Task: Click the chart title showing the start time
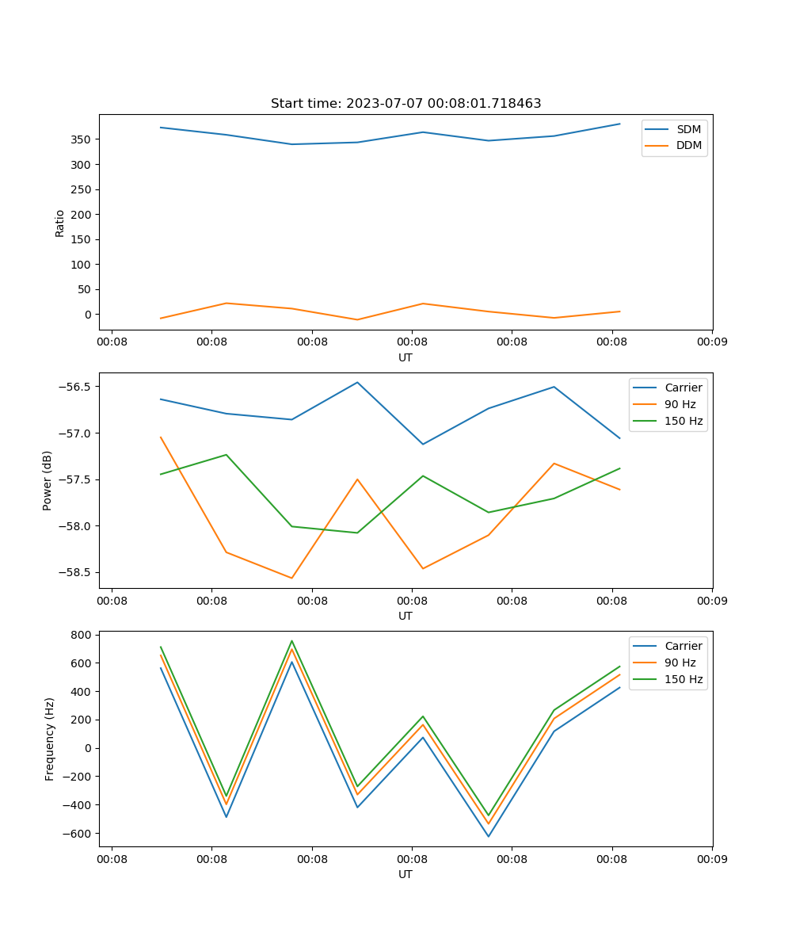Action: tap(406, 104)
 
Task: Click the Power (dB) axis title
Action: tap(48, 480)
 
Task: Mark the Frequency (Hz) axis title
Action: tap(50, 739)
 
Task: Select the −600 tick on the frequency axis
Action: tap(78, 834)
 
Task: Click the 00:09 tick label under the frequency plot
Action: tap(712, 858)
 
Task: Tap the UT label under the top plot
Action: tap(406, 357)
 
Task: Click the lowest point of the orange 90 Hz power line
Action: tap(291, 578)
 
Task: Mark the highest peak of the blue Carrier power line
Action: tap(357, 382)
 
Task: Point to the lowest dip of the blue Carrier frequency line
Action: tap(488, 836)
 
